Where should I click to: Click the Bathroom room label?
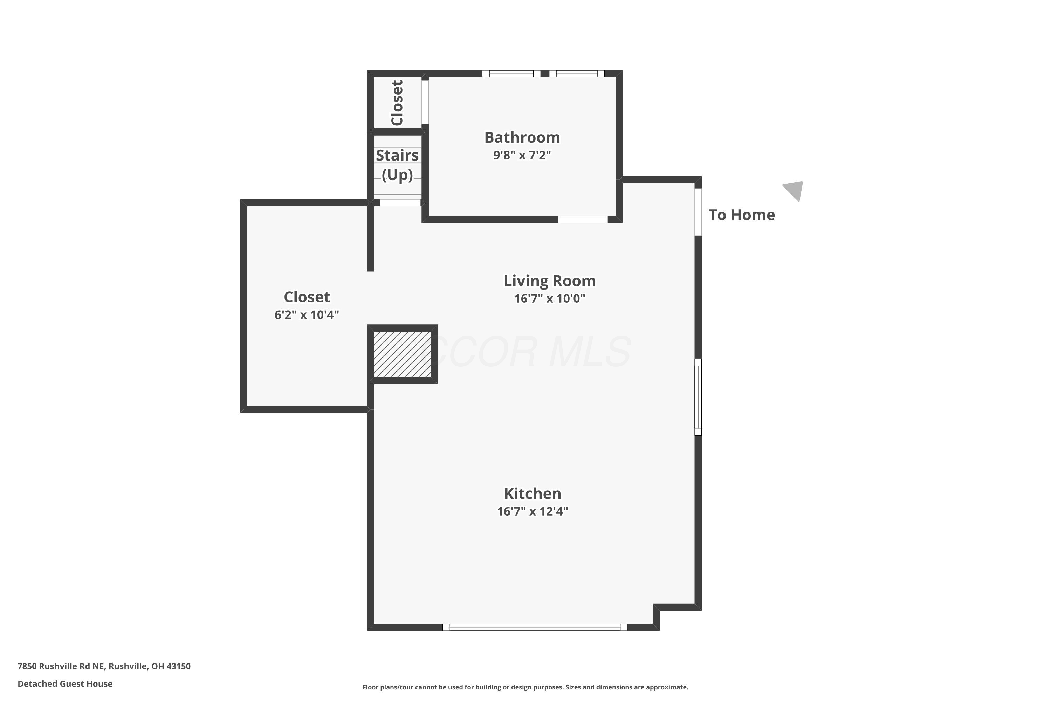click(522, 137)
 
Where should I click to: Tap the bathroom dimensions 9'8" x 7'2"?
click(522, 155)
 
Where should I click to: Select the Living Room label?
click(550, 281)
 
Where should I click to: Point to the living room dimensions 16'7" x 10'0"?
click(550, 298)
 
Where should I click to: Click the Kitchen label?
click(533, 494)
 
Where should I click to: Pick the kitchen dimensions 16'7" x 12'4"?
click(533, 511)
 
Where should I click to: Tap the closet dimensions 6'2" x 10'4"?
click(307, 315)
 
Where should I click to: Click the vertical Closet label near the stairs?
click(397, 103)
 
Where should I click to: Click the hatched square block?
click(402, 354)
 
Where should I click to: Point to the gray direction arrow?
click(795, 190)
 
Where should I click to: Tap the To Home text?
click(742, 215)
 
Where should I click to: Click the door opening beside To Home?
click(698, 212)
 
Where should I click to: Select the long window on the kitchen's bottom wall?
click(535, 627)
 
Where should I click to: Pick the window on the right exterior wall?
click(698, 397)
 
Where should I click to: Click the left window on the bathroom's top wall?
click(511, 74)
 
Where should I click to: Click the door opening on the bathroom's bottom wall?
click(583, 219)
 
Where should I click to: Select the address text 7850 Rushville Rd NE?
click(62, 666)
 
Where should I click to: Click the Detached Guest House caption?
click(65, 683)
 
